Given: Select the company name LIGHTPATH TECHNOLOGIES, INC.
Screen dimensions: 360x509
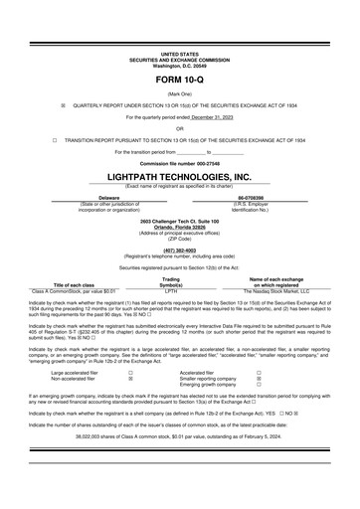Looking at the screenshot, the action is (x=179, y=176).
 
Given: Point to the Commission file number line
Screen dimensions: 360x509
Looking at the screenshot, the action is (x=179, y=163).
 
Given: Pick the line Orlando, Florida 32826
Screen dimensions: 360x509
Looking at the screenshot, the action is (x=179, y=223).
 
